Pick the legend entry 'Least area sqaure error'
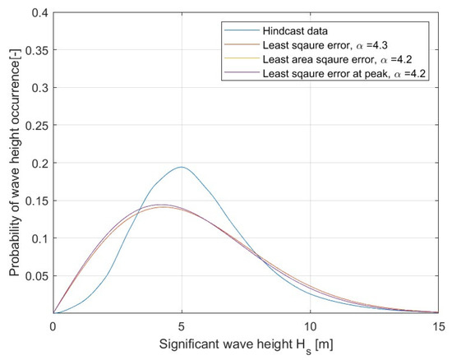click(317, 62)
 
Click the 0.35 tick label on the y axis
click(35, 50)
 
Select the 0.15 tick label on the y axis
click(35, 201)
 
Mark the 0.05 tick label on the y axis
click(35, 276)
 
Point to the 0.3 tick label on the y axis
click(39, 88)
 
